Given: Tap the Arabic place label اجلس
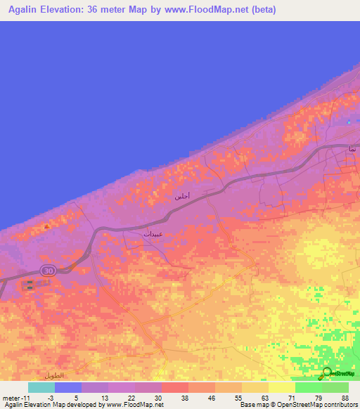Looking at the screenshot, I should [182, 197].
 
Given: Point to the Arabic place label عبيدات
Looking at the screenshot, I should [153, 233].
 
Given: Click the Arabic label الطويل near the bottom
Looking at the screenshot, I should [53, 376].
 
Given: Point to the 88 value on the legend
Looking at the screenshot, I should [345, 398].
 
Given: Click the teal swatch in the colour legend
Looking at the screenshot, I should [41, 387].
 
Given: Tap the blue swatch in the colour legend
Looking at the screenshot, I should [68, 387].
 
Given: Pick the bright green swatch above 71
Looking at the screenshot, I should [308, 387].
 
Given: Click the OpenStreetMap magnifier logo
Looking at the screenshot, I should [327, 373].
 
